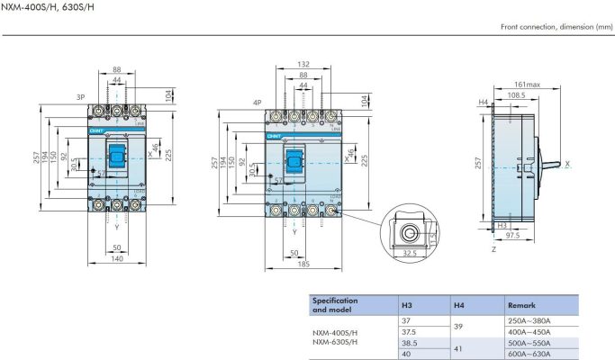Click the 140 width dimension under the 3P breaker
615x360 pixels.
pyautogui.click(x=117, y=258)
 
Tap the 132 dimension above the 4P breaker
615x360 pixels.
pyautogui.click(x=303, y=65)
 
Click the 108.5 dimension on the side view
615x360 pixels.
pyautogui.click(x=516, y=94)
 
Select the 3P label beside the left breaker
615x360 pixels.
pyautogui.click(x=79, y=96)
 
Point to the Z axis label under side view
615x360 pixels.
pyautogui.click(x=493, y=249)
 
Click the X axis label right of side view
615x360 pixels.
pyautogui.click(x=567, y=164)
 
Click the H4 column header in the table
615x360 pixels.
pyautogui.click(x=458, y=305)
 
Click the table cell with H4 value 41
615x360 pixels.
pyautogui.click(x=458, y=347)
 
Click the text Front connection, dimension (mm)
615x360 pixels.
pyautogui.click(x=556, y=27)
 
